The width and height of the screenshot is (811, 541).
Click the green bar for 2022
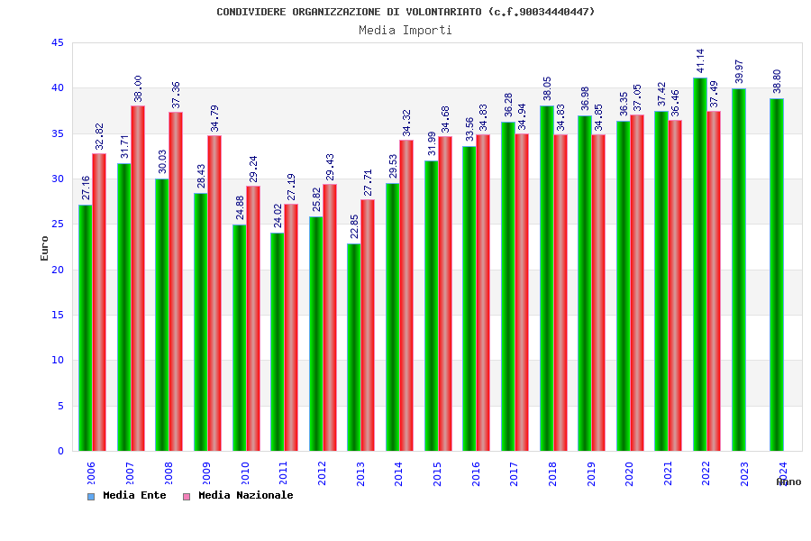click(700, 264)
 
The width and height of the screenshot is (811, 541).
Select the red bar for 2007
click(138, 278)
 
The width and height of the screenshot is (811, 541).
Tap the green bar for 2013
click(354, 347)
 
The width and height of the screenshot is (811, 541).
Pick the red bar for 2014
click(406, 295)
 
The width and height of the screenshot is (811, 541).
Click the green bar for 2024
click(777, 274)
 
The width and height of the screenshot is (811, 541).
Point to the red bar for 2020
click(637, 282)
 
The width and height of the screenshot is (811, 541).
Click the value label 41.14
click(700, 60)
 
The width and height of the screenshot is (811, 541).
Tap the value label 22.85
click(354, 226)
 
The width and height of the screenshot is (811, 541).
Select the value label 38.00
click(138, 88)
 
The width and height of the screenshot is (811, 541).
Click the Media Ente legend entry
click(127, 496)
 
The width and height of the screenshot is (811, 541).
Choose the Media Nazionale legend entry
click(238, 496)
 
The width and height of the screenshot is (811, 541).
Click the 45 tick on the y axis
click(58, 43)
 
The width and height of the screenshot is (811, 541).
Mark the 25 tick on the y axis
click(58, 225)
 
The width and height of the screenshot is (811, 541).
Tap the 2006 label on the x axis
click(91, 474)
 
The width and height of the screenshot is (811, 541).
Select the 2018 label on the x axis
click(552, 474)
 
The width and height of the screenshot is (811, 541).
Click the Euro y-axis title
click(44, 248)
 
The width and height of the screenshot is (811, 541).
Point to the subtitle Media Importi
click(405, 30)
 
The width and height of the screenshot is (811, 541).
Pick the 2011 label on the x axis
click(283, 474)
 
